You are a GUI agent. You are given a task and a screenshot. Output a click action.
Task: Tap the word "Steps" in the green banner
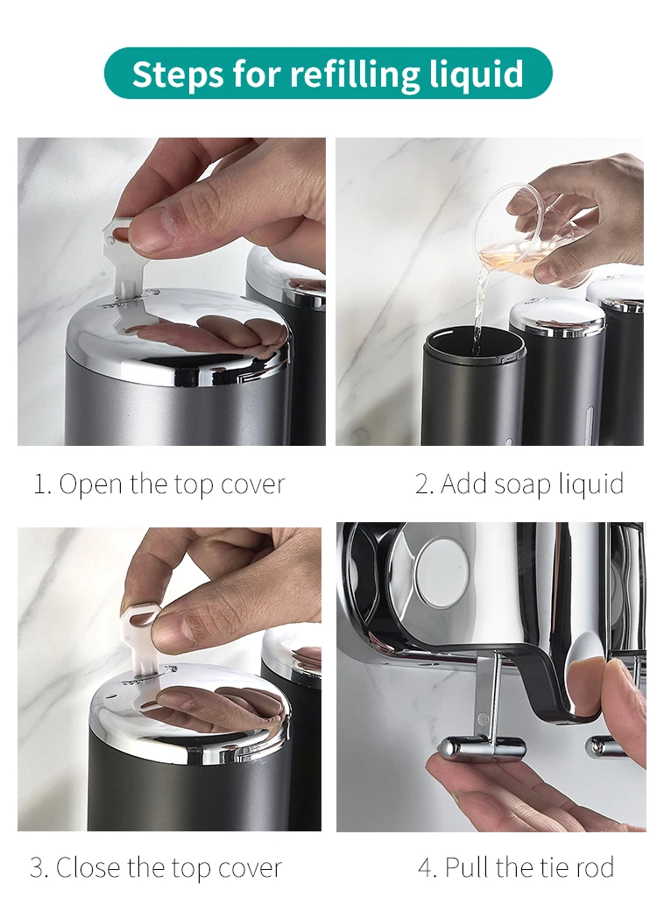pos(178,74)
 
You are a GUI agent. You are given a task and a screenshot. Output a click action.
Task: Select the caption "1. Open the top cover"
pos(159,484)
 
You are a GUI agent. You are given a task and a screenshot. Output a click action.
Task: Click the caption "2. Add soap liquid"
pos(519,484)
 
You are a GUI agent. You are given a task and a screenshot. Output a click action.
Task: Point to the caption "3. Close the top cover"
pos(156,868)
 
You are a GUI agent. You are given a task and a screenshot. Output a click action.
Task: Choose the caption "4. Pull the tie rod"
pos(516,868)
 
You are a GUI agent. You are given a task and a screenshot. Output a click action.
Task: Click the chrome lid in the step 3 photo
pos(188,714)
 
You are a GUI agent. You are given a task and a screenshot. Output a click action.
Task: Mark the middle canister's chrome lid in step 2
pos(557,315)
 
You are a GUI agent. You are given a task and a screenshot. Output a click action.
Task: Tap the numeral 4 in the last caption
pos(426,868)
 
